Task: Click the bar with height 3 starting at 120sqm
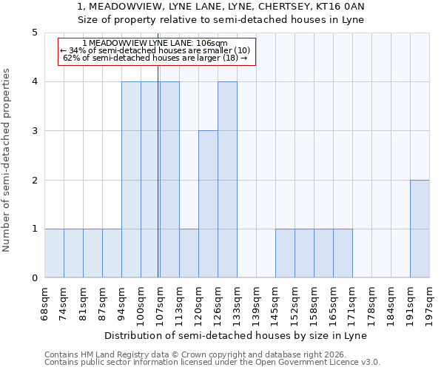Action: tap(208, 204)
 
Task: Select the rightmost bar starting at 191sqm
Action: tap(420, 229)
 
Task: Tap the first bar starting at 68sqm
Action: tap(54, 253)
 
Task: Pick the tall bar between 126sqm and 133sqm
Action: tap(227, 180)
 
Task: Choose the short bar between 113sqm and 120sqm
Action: tap(189, 253)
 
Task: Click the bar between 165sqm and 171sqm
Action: tap(343, 253)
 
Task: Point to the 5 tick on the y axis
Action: tap(34, 33)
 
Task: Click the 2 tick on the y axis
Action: tap(34, 180)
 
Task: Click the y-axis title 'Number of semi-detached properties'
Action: tap(7, 160)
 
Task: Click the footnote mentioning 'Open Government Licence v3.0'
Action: tap(212, 363)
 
